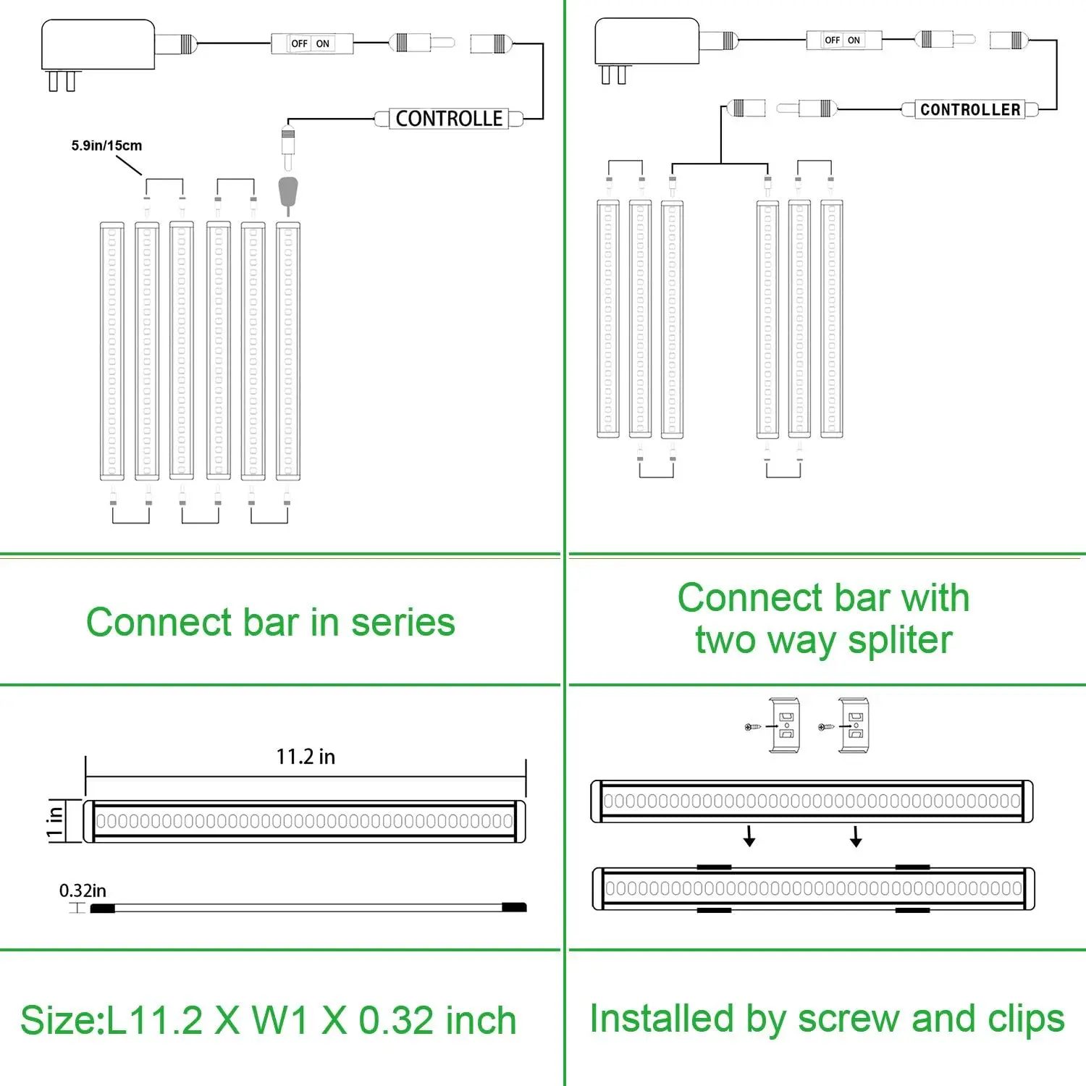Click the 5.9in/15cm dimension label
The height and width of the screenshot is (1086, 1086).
coord(106,146)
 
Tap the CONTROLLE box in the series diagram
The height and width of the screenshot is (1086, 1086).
coord(449,119)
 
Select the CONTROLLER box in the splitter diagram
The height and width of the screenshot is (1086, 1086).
coord(969,109)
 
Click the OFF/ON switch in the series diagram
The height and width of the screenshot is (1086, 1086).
coord(311,43)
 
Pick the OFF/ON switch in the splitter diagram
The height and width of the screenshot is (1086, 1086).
coord(843,40)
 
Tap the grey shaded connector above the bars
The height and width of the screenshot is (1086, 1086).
coord(288,192)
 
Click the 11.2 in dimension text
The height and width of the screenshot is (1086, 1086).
coord(306,757)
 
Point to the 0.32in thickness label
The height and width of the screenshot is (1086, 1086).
coord(83,891)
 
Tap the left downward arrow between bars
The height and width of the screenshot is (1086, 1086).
coord(749,836)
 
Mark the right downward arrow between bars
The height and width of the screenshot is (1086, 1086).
coord(856,836)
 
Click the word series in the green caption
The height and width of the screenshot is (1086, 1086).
coord(403,623)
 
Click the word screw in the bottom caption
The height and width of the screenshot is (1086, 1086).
coord(849,1019)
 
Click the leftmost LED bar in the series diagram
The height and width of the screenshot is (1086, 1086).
coord(112,351)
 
